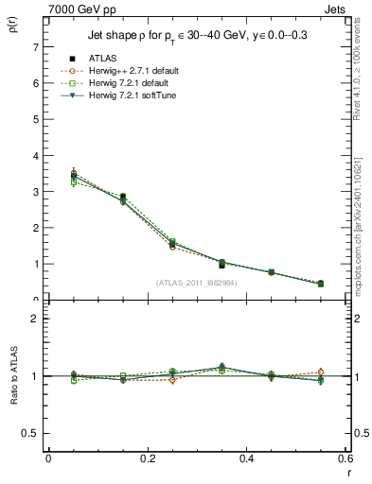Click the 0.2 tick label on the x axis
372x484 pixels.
[x=148, y=458]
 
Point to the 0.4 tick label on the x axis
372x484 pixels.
[x=247, y=458]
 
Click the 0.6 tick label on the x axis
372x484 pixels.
[x=346, y=458]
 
